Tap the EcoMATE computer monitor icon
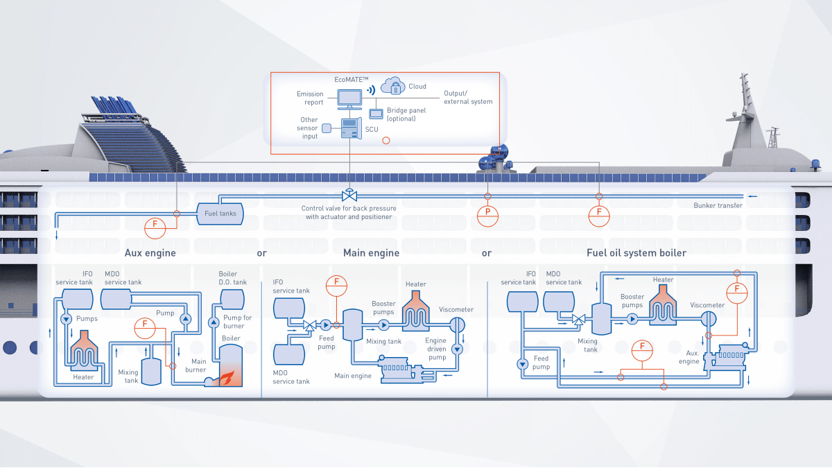click(x=348, y=99)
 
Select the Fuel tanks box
click(x=220, y=213)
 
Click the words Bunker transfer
click(x=718, y=205)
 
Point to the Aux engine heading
click(x=150, y=253)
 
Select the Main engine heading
click(x=371, y=253)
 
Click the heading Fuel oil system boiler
click(x=636, y=253)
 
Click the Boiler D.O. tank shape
click(x=232, y=298)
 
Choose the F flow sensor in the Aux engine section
click(x=145, y=327)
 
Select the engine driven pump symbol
click(x=457, y=349)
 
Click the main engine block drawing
click(x=398, y=368)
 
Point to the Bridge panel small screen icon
click(x=376, y=113)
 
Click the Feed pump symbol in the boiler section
click(x=521, y=364)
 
